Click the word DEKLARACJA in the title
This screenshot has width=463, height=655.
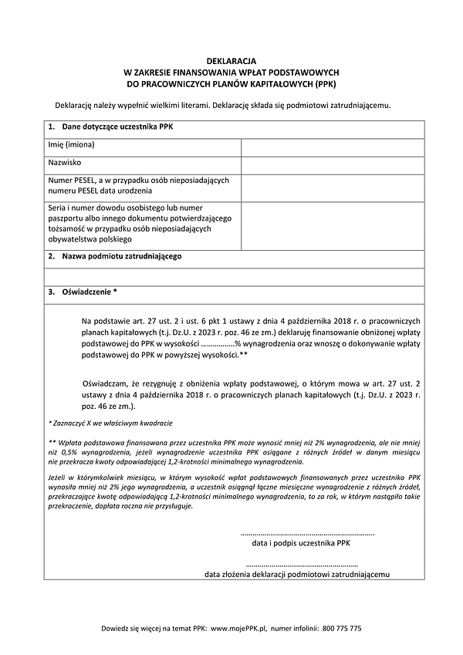pos(231,59)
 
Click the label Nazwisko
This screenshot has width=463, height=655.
pos(66,164)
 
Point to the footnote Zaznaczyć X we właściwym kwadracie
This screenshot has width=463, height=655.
pos(110,424)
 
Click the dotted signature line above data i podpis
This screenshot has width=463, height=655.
pos(308,533)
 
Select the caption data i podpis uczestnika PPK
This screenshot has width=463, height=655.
pos(301,543)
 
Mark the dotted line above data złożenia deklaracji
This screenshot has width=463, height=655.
pos(297,566)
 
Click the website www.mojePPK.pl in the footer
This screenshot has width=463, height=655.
pos(238,629)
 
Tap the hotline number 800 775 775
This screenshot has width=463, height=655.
pos(342,629)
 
